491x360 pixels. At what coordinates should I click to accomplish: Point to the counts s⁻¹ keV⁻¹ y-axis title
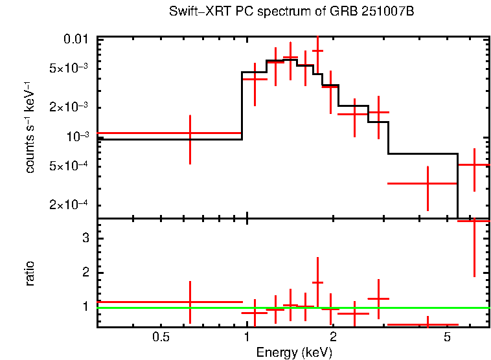tap(30, 127)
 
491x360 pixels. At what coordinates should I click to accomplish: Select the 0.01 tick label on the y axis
tap(76, 39)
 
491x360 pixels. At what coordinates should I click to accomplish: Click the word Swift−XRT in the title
tap(194, 12)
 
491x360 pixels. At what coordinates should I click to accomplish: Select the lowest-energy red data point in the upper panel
tap(190, 133)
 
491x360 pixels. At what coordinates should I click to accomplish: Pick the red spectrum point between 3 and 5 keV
tap(428, 183)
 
